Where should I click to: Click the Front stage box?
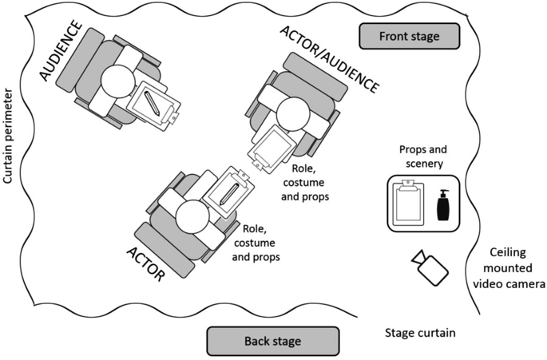tap(409, 36)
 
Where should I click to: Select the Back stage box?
tap(273, 341)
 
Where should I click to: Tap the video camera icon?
tap(430, 267)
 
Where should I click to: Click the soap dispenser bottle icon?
tap(443, 205)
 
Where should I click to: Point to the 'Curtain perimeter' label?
tap(8, 136)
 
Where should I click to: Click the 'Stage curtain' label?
tap(420, 333)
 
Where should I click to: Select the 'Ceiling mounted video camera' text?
tap(509, 268)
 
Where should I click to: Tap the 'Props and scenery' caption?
tap(423, 156)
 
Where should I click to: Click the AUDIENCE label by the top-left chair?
tap(61, 50)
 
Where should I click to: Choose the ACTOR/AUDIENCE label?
tap(329, 59)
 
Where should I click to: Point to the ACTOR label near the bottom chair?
tap(145, 264)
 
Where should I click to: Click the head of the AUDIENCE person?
tap(117, 81)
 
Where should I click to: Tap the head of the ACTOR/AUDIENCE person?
tap(293, 114)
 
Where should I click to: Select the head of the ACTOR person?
tap(193, 217)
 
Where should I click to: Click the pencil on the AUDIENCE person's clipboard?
tap(152, 104)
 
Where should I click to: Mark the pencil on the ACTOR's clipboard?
tap(229, 194)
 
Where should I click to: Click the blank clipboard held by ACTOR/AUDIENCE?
tap(272, 149)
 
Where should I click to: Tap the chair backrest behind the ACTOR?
tap(164, 250)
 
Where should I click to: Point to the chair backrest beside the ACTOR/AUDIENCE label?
tap(315, 77)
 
